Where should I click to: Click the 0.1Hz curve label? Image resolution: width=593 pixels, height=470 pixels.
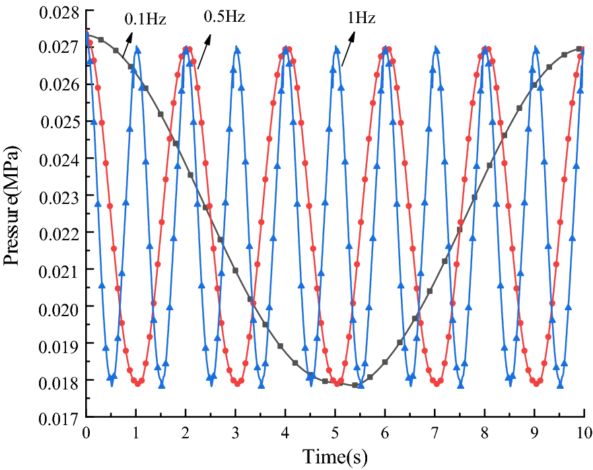point(145,19)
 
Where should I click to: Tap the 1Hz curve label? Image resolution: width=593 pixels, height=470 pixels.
point(361,18)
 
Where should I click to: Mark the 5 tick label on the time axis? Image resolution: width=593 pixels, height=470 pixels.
point(335,433)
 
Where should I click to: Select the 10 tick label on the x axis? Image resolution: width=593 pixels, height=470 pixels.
point(583,433)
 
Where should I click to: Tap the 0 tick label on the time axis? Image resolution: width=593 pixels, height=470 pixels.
point(86,433)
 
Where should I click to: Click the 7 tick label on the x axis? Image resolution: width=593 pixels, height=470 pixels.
point(435,433)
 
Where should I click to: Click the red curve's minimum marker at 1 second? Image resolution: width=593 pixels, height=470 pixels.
point(137,383)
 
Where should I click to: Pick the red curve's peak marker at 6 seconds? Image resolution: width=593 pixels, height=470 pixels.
point(388,50)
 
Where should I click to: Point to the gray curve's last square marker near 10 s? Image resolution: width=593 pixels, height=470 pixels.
point(579,49)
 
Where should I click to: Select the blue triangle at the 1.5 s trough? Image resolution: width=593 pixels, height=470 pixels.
point(161,384)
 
